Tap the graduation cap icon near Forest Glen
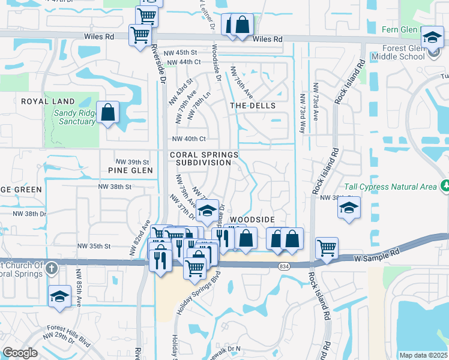click(432, 38)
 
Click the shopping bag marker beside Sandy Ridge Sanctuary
click(107, 112)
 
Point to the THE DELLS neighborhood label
click(253, 106)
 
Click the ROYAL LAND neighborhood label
click(48, 101)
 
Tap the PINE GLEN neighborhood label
click(130, 170)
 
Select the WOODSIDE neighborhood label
click(252, 220)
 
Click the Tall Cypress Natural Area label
click(390, 187)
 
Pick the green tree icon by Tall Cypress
click(444, 185)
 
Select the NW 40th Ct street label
click(188, 139)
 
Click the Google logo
click(20, 353)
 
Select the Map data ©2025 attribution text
click(423, 355)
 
